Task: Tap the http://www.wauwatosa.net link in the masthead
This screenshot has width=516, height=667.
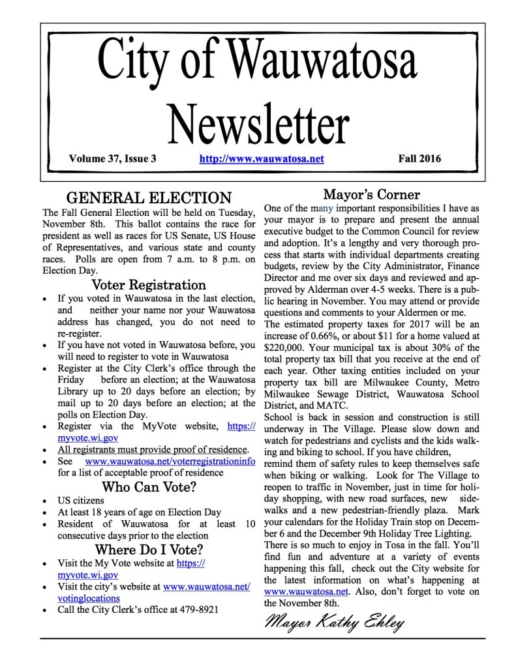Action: point(262,158)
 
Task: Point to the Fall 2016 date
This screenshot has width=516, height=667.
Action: point(419,158)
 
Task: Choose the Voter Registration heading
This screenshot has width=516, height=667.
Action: point(149,285)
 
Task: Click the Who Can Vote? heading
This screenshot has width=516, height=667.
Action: point(149,487)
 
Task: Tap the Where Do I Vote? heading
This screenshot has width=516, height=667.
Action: point(149,548)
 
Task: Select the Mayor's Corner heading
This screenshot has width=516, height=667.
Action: point(371,194)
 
